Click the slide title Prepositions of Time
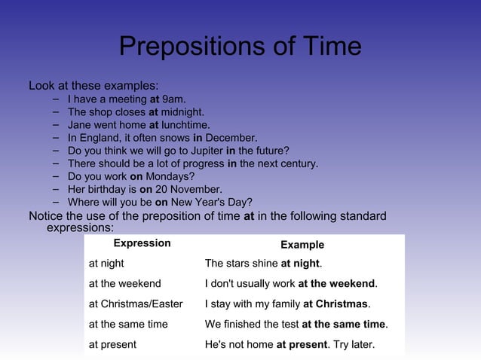tap(240, 47)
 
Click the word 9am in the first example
tap(173, 99)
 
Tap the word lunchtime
tap(185, 125)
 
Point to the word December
tap(231, 138)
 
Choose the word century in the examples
tap(299, 163)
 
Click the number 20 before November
tap(162, 189)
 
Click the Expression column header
tap(142, 243)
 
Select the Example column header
tap(302, 245)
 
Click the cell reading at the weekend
tap(124, 284)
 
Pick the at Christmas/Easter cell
tap(136, 304)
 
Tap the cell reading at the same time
tap(128, 325)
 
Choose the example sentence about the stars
tap(263, 264)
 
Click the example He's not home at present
tap(290, 345)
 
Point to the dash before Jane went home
tap(57, 124)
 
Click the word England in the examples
tap(100, 138)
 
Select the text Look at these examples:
tap(93, 85)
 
